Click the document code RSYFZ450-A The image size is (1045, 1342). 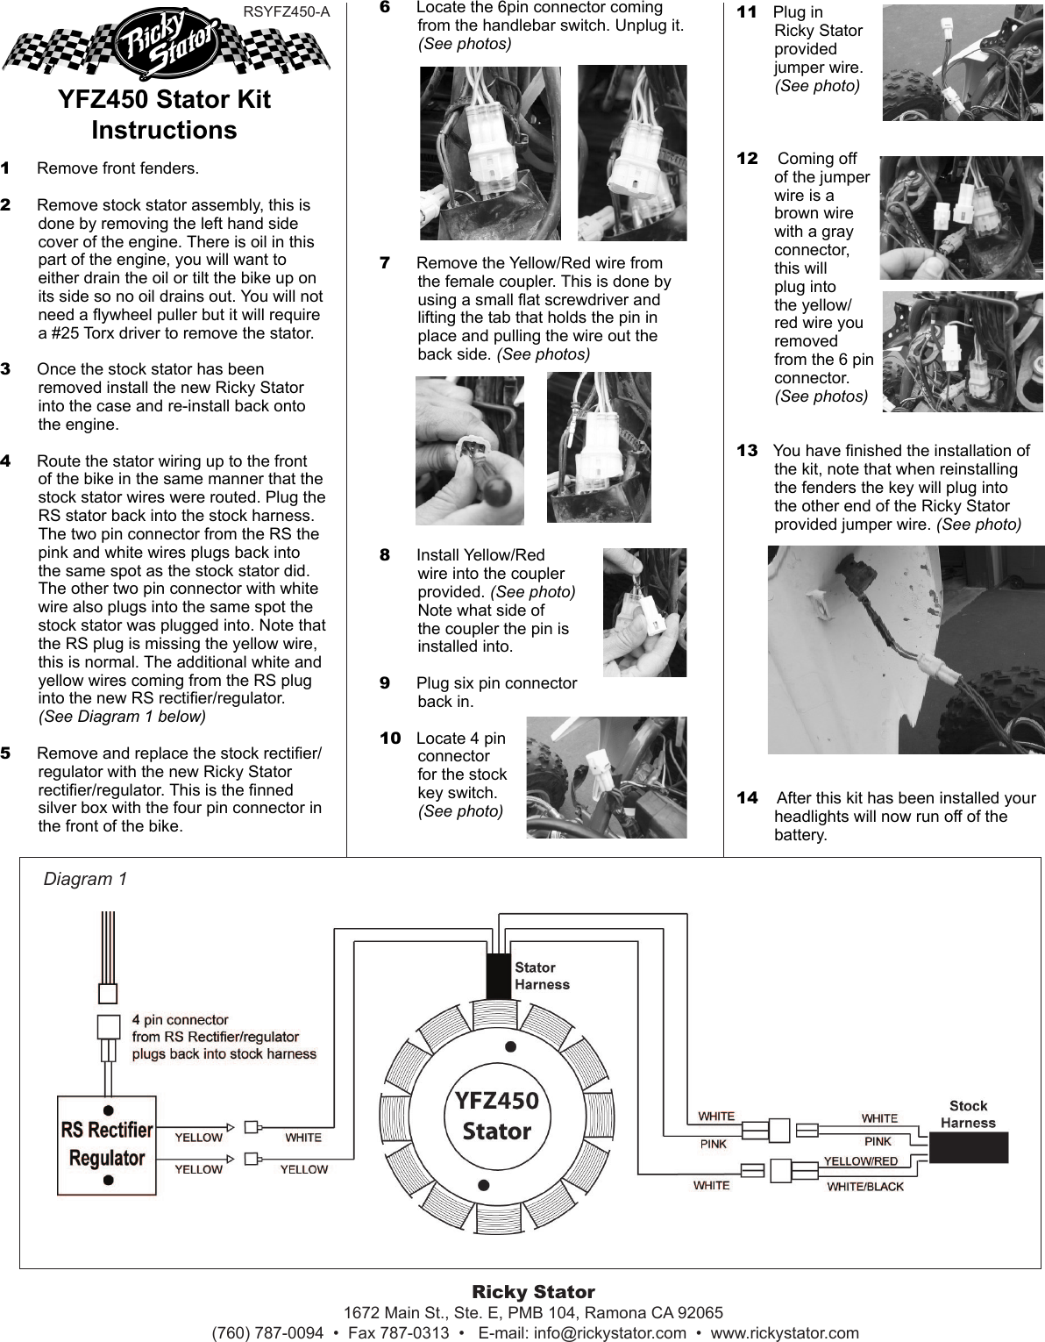pyautogui.click(x=286, y=11)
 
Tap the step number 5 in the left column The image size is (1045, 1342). pyautogui.click(x=6, y=753)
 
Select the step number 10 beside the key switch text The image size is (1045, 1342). pyautogui.click(x=390, y=739)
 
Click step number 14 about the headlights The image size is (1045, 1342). pyautogui.click(x=747, y=797)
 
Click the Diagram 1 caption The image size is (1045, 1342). pyautogui.click(x=85, y=879)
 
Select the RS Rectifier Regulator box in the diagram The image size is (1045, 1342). pyautogui.click(x=107, y=1145)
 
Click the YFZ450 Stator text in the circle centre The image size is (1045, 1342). pyautogui.click(x=497, y=1116)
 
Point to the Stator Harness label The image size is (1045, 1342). pyautogui.click(x=542, y=975)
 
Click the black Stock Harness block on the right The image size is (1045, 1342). pyautogui.click(x=968, y=1147)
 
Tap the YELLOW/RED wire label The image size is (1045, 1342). pyautogui.click(x=860, y=1160)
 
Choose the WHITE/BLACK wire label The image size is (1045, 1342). pyautogui.click(x=865, y=1187)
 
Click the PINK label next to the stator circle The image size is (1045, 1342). pyautogui.click(x=713, y=1144)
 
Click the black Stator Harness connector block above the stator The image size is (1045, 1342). pyautogui.click(x=498, y=975)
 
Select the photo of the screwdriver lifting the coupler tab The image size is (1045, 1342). pyautogui.click(x=469, y=450)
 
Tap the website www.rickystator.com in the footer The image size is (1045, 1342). pyautogui.click(x=785, y=1333)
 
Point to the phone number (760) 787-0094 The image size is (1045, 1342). pyautogui.click(x=267, y=1333)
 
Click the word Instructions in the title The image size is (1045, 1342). pyautogui.click(x=164, y=130)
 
